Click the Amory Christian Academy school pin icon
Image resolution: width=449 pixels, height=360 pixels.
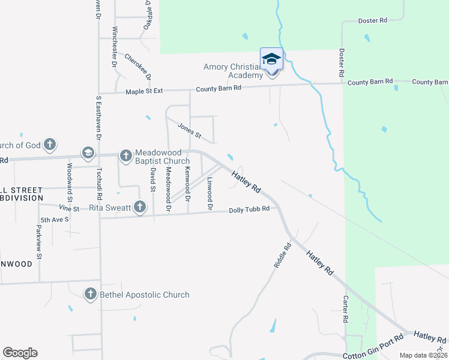pos(271,59)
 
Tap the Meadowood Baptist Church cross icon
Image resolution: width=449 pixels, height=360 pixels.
pos(125,156)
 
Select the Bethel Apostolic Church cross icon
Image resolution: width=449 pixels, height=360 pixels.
pos(90,294)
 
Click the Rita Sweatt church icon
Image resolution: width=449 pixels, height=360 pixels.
pos(139,208)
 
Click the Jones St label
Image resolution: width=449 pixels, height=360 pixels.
pos(189,130)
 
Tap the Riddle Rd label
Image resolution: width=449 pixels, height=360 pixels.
pos(282,254)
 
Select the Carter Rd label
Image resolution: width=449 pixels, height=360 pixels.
pos(346,310)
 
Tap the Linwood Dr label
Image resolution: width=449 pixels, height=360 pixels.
pos(210,194)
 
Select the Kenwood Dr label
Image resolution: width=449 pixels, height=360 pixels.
pos(188,185)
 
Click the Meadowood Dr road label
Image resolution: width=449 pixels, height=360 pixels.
pos(169,190)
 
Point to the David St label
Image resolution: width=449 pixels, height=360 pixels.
pos(154,179)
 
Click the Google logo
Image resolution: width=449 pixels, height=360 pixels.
pos(20,353)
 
